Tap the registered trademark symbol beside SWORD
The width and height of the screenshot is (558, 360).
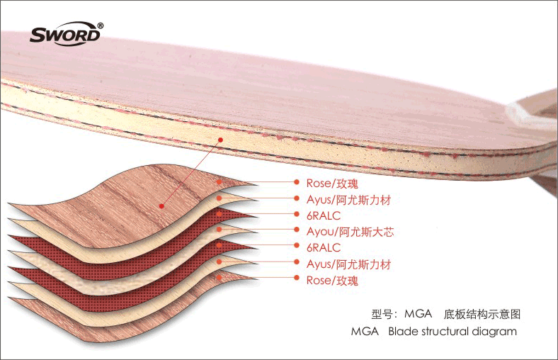point(101,26)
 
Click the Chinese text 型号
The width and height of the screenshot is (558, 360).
point(382,313)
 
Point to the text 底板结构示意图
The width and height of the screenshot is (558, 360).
point(486,313)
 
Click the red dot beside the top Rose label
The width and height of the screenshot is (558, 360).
point(297,182)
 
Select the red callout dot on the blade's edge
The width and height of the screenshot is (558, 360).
point(220,140)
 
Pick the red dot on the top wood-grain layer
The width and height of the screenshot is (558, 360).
point(162,206)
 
